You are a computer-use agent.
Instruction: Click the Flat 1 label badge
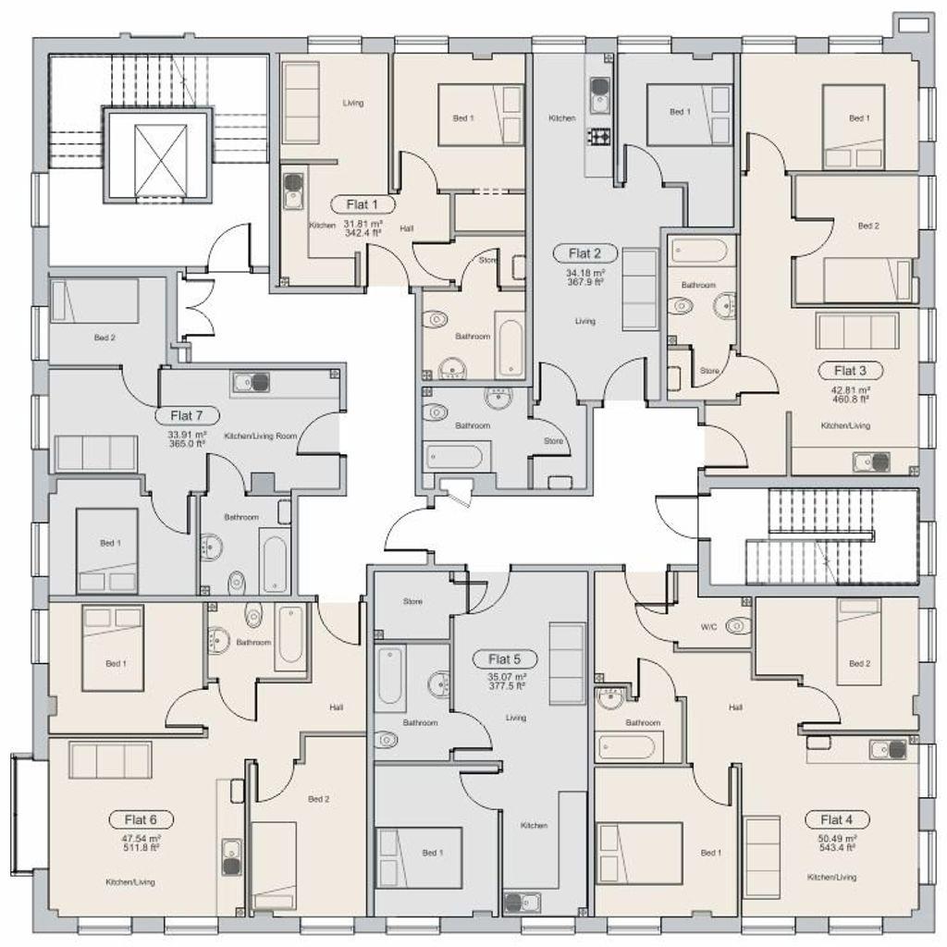(x=363, y=204)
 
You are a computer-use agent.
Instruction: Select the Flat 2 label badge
(x=584, y=253)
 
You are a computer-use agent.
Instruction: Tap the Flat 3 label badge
(x=851, y=370)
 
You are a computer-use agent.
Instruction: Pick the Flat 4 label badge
(x=836, y=819)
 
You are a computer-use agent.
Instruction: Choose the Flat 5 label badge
(x=504, y=658)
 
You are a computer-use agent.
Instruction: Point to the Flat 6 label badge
(x=141, y=819)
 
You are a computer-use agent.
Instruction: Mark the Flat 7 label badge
(x=187, y=415)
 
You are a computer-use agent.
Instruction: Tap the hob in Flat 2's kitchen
(x=599, y=139)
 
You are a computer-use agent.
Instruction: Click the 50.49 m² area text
(x=836, y=839)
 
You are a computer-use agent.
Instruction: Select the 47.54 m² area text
(x=141, y=839)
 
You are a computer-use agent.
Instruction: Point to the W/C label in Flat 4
(x=709, y=627)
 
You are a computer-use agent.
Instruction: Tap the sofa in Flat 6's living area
(x=111, y=760)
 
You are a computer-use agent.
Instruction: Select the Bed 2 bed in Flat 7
(x=95, y=301)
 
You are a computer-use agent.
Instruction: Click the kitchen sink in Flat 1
(x=293, y=191)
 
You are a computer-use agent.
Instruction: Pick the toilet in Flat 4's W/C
(x=738, y=626)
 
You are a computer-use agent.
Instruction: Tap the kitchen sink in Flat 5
(x=523, y=903)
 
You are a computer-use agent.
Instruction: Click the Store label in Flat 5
(x=413, y=601)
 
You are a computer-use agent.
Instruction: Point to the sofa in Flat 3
(x=857, y=330)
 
